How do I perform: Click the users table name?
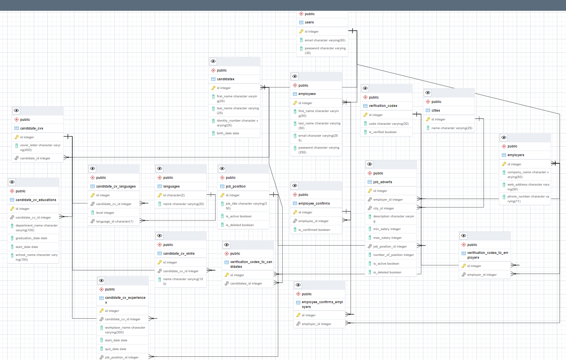309,23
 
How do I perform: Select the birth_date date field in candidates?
228,134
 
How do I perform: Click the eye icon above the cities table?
428,93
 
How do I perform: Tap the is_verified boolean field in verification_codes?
382,132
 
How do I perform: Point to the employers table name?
516,155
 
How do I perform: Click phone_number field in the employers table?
528,199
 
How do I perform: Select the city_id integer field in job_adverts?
384,209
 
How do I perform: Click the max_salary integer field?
387,238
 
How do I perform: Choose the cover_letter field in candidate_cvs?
40,147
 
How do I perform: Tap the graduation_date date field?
31,238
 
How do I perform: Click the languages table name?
171,187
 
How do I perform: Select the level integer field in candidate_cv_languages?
105,213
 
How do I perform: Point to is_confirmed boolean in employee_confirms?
314,230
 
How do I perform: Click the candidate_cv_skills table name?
179,254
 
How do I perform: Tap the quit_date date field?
115,349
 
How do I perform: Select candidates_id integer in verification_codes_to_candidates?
246,284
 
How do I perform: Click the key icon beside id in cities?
428,119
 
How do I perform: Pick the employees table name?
307,94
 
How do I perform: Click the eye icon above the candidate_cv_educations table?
12,182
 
